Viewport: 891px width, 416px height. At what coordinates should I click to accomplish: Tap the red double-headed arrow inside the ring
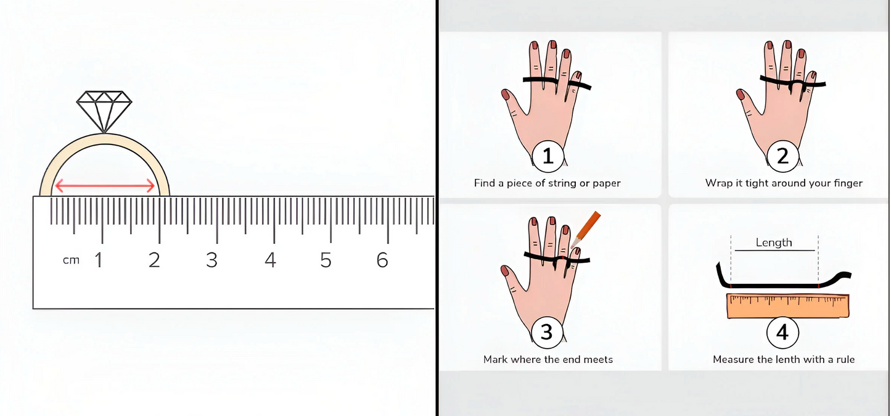pos(105,186)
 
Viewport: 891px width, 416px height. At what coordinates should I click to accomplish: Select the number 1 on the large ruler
pos(98,260)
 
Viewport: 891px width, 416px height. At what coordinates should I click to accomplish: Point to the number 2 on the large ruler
pos(154,260)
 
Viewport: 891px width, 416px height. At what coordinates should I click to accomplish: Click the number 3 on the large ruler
pos(211,260)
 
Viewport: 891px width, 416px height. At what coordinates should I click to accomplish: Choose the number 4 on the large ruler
pos(271,260)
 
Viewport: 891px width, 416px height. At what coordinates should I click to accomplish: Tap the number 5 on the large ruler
pos(326,260)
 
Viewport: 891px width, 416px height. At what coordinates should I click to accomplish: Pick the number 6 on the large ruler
pos(382,260)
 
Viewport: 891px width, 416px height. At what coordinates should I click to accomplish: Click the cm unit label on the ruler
pos(71,260)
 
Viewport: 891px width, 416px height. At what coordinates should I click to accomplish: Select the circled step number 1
pos(548,156)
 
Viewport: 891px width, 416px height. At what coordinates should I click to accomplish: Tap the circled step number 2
pos(783,156)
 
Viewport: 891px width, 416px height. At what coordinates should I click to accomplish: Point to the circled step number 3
pos(548,332)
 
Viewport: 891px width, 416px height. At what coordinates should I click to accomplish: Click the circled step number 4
pos(782,332)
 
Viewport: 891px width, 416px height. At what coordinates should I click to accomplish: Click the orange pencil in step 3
pos(585,230)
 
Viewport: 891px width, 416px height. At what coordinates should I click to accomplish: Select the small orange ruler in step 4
pos(787,306)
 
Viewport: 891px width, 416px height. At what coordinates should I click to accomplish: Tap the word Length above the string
pos(774,243)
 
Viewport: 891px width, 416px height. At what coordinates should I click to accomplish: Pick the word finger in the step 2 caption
pos(847,183)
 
